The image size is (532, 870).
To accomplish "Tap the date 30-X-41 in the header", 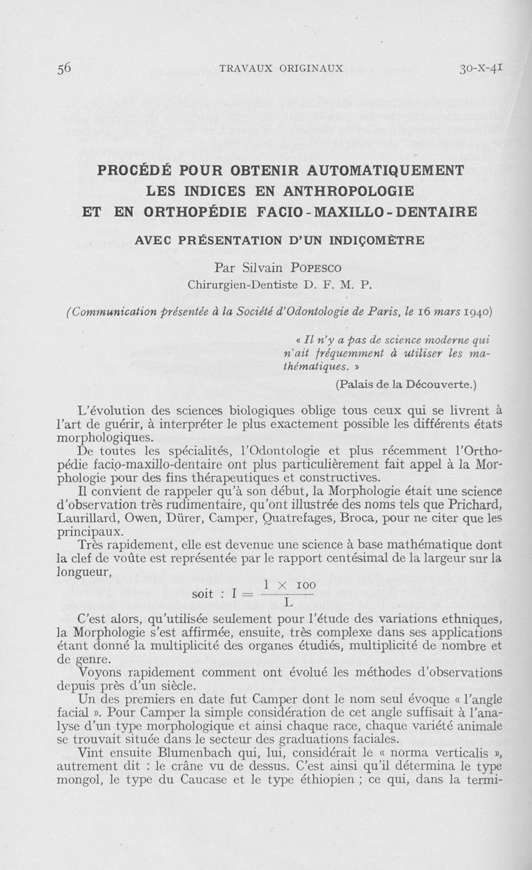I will pos(481,67).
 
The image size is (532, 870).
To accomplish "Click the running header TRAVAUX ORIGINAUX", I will pos(281,68).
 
